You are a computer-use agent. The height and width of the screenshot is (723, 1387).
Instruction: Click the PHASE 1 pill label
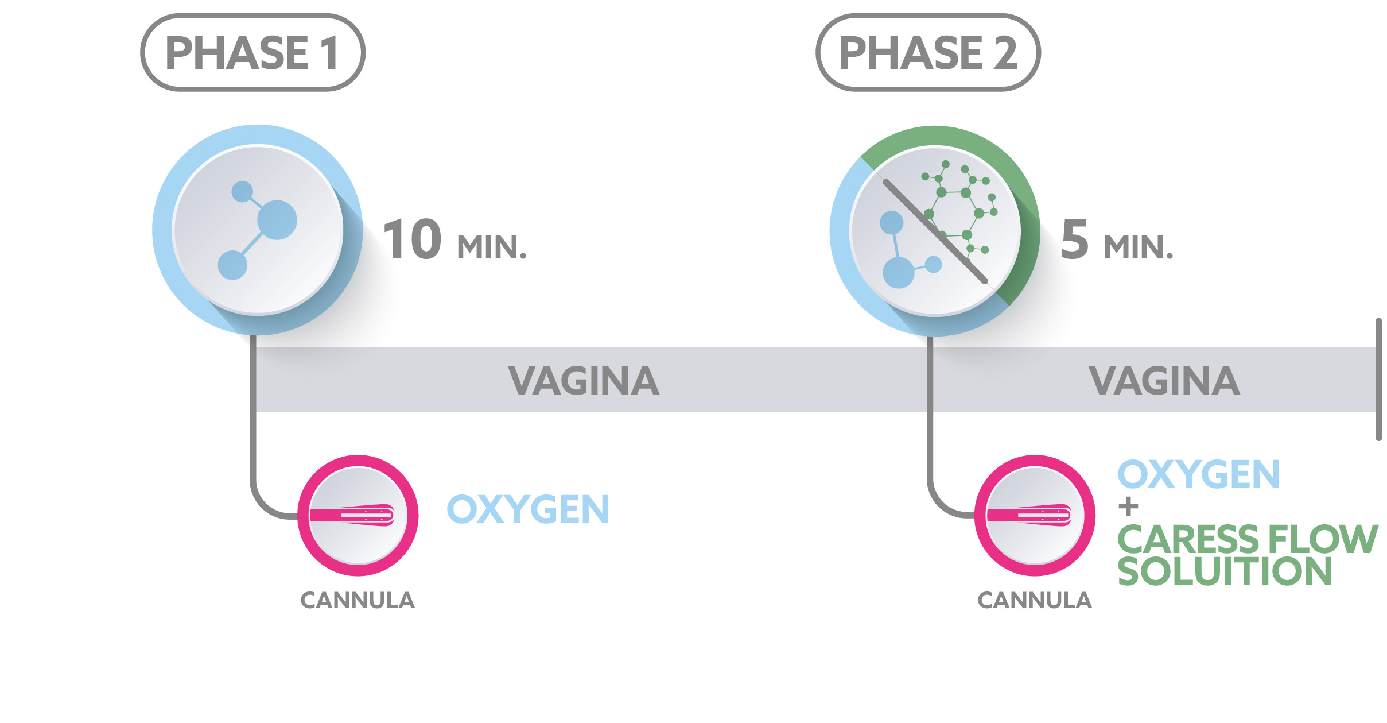252,53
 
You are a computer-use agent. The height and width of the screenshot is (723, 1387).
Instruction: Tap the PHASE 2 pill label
928,53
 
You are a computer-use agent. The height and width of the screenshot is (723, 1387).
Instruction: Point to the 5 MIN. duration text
1117,240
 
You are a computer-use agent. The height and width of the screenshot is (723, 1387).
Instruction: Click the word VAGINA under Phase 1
584,381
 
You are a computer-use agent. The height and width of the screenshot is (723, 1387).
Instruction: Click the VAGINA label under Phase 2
1164,381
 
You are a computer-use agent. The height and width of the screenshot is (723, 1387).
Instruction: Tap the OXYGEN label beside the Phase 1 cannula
528,509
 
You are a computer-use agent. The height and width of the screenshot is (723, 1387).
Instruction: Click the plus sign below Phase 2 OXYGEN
1128,507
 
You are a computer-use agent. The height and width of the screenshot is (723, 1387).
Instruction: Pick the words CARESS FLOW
1248,539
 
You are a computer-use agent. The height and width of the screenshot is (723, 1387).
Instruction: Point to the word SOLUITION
1225,571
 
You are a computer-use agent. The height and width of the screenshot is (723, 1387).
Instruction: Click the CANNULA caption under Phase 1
358,601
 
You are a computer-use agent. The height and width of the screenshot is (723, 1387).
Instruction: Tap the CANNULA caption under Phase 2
1034,601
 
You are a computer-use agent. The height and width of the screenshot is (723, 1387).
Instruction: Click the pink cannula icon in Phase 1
358,515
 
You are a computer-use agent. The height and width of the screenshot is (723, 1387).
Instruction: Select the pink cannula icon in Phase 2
1034,515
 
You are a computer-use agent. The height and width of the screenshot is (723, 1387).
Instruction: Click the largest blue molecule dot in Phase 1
277,219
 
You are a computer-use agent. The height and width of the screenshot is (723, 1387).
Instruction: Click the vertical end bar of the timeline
1378,380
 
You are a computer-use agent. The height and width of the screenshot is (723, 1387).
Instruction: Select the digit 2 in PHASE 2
1005,53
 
